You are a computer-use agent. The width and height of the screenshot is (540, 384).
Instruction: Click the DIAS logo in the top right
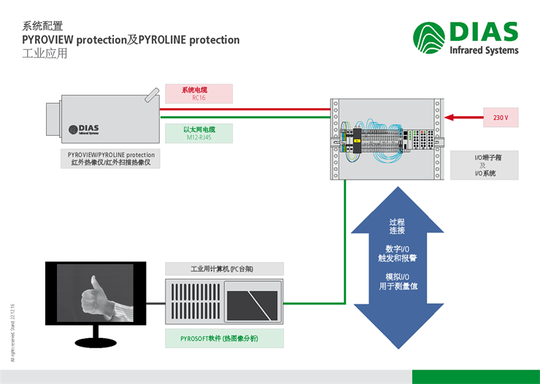(466, 37)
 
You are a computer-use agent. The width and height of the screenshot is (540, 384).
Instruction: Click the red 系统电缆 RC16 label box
(198, 93)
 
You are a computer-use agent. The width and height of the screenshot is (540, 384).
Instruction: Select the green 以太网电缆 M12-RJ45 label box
(198, 133)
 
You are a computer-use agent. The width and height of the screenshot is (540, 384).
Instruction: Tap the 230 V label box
(501, 117)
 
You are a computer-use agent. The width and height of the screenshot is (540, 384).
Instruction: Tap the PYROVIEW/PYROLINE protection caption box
(111, 159)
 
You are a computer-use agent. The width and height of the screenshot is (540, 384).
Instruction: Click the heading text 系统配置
(43, 26)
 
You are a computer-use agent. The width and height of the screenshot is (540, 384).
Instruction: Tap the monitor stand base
(96, 342)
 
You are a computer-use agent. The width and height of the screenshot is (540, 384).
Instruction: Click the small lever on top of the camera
(150, 94)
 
